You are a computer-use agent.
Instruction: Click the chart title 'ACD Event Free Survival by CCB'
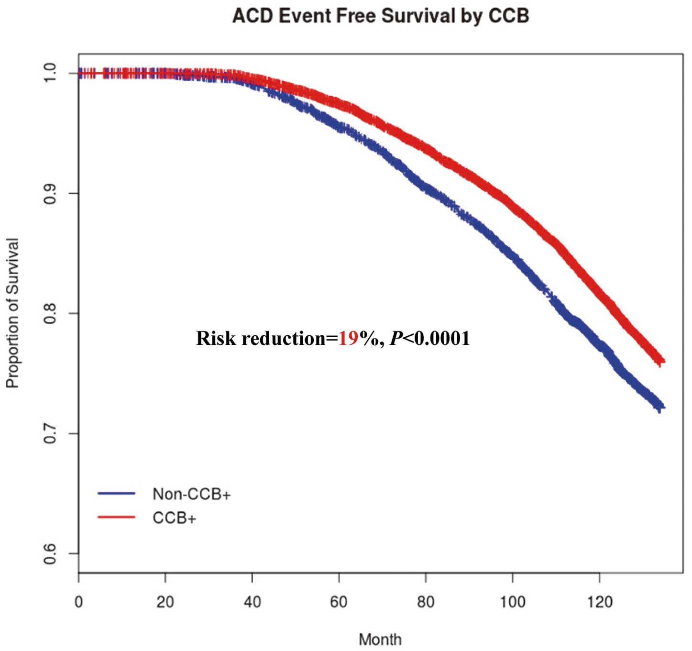tap(381, 16)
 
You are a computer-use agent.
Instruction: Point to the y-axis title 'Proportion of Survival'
tap(12, 313)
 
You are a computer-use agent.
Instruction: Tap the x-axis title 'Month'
tap(380, 639)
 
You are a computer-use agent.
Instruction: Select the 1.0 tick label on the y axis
tap(50, 73)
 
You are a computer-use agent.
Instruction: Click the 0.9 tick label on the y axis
tap(50, 193)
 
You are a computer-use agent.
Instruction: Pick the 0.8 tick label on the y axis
tap(50, 313)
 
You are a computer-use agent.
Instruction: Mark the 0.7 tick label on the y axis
tap(50, 433)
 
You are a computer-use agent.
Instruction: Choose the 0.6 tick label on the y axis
tap(50, 553)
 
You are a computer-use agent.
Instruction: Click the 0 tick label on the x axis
tap(78, 601)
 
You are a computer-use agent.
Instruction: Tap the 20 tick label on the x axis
tap(165, 601)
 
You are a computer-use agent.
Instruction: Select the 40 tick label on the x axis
tap(252, 601)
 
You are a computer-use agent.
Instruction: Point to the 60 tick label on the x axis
tap(339, 601)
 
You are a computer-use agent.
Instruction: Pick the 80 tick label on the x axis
tap(426, 601)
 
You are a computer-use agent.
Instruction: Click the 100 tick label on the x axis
tap(512, 601)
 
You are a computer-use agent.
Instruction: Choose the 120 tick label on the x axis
tap(599, 601)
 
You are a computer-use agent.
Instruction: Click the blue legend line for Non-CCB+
tap(117, 493)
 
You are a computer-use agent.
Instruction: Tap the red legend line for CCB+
tap(117, 517)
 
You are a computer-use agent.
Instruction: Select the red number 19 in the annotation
tap(349, 338)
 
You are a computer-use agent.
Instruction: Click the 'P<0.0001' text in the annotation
tap(430, 338)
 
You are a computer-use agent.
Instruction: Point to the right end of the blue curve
tap(662, 407)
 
